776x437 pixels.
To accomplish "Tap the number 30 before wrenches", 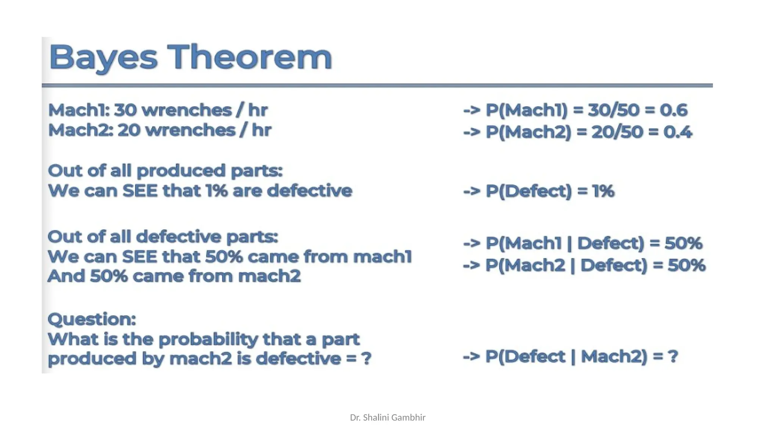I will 125,110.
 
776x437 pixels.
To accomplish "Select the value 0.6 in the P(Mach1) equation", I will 673,110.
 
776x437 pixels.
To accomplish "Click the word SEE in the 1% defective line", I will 140,190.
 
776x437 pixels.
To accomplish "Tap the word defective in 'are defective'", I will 309,190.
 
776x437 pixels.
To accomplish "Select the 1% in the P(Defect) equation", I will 603,191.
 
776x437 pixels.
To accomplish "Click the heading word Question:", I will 92,319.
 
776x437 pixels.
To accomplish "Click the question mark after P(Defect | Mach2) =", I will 673,356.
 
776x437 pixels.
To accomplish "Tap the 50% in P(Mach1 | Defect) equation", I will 683,243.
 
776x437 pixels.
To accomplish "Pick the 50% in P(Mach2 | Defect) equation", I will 686,265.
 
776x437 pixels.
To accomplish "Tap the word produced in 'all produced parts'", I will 180,171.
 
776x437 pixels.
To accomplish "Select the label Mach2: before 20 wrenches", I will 81,130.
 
